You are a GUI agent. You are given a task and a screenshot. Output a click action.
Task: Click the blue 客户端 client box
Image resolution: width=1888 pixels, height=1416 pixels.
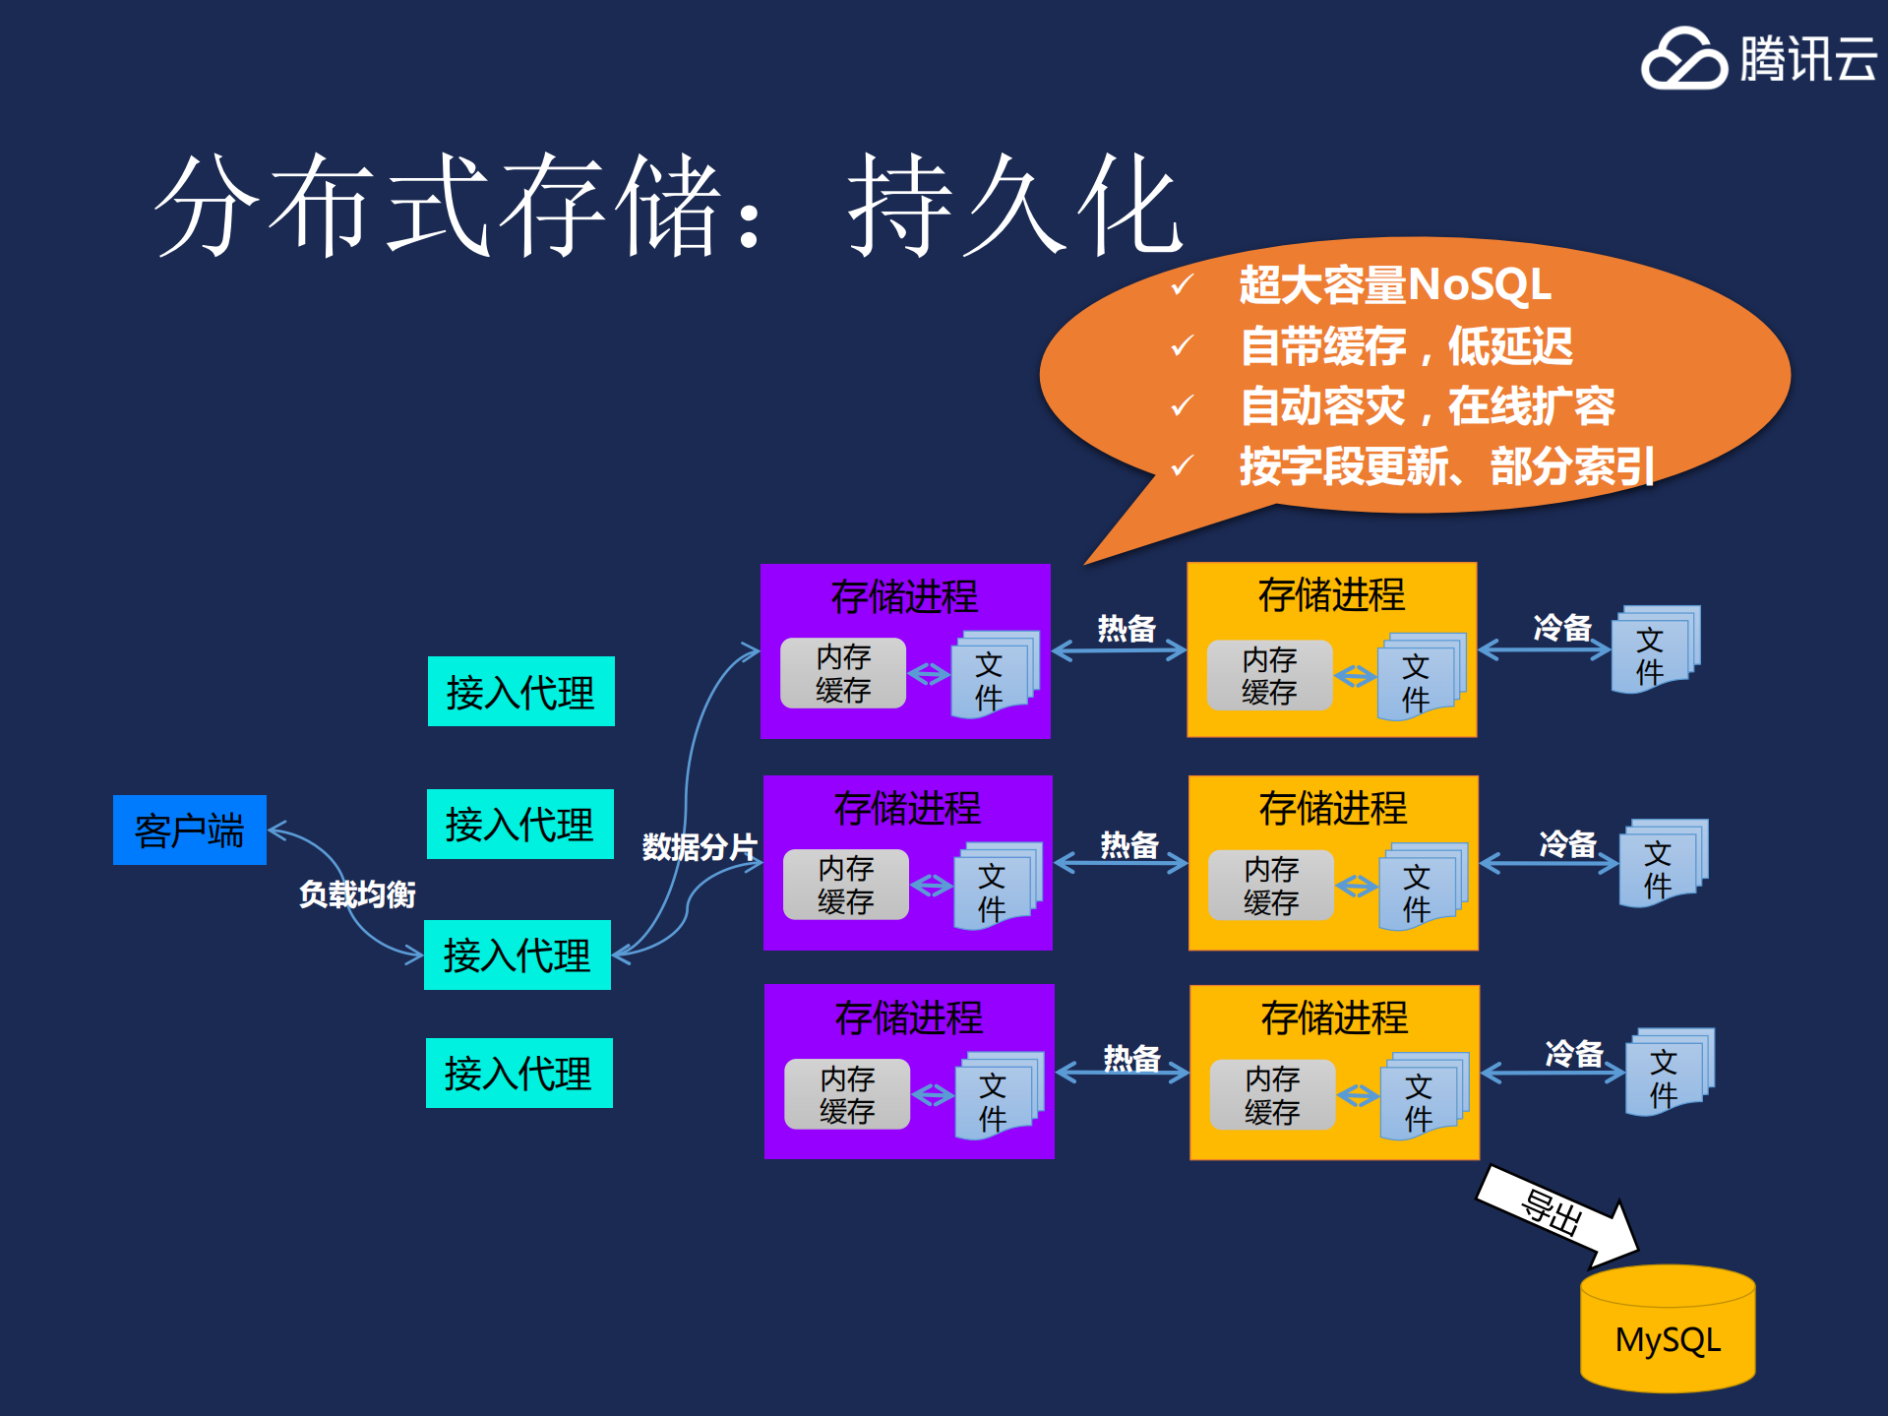pyautogui.click(x=189, y=830)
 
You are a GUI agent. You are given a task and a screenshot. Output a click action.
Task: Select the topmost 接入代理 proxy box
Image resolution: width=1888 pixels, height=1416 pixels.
pyautogui.click(x=520, y=691)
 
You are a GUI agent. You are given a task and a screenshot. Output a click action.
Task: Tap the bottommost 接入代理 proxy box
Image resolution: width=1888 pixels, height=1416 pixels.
pyautogui.click(x=518, y=1073)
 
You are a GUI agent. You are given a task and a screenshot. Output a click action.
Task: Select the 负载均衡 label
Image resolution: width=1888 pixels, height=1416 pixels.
pyautogui.click(x=357, y=893)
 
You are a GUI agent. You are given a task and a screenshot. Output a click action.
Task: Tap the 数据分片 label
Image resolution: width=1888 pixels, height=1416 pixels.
pyautogui.click(x=700, y=846)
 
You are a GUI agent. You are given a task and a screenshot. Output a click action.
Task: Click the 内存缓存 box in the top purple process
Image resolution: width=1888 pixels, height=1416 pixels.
pyautogui.click(x=843, y=673)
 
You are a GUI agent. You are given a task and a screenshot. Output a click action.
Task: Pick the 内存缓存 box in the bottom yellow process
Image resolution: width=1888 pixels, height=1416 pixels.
pyautogui.click(x=1272, y=1094)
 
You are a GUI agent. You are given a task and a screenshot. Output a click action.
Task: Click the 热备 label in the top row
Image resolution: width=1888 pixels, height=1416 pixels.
pyautogui.click(x=1127, y=628)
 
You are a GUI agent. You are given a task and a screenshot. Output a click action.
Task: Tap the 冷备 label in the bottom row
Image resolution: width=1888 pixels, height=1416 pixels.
pyautogui.click(x=1574, y=1053)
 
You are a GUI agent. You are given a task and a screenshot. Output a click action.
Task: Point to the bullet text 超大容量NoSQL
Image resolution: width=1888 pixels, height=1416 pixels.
pyautogui.click(x=1394, y=285)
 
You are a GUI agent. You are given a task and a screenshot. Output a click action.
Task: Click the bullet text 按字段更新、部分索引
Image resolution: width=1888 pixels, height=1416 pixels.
pyautogui.click(x=1446, y=466)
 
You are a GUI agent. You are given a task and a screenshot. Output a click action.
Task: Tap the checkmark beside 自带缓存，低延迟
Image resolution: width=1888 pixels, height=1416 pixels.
pyautogui.click(x=1182, y=345)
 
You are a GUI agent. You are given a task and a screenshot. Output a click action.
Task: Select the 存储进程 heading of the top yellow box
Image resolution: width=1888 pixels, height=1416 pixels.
pyautogui.click(x=1331, y=594)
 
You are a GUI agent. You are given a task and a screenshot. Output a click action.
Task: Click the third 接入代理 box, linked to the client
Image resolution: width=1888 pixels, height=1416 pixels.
pyautogui.click(x=517, y=954)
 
